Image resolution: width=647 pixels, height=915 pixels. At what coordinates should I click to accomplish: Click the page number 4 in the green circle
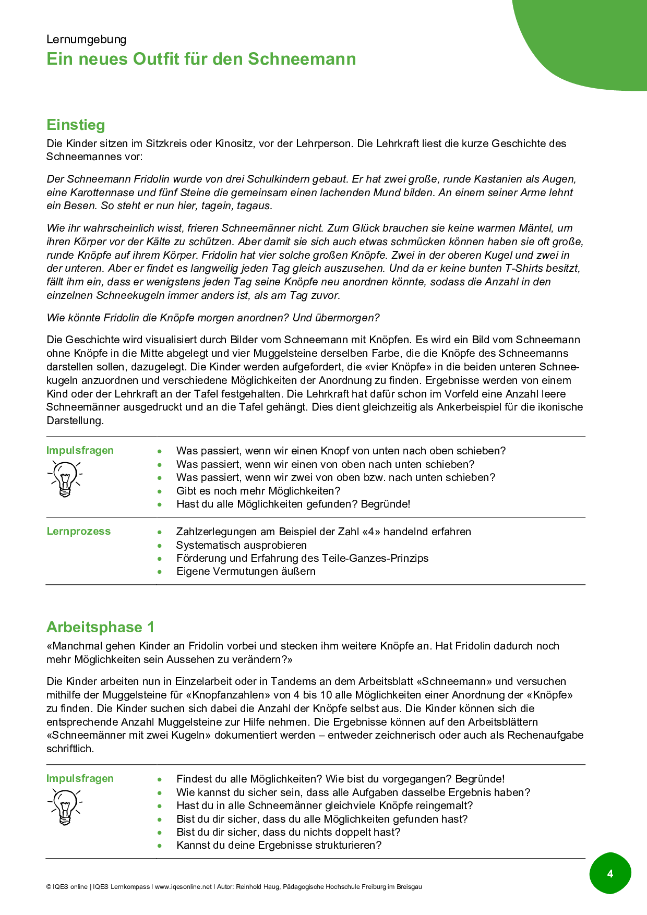click(610, 873)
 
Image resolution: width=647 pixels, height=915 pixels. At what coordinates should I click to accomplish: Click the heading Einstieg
click(76, 125)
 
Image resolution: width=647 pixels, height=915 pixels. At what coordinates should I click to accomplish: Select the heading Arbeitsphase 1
click(100, 627)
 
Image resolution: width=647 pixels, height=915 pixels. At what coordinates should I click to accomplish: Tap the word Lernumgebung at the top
click(86, 40)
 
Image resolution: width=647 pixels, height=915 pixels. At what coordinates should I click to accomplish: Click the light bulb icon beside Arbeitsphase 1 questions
click(65, 806)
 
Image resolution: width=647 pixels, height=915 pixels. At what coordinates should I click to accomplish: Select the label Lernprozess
click(79, 531)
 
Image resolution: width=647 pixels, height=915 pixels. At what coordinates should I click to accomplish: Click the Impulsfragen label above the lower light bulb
click(80, 778)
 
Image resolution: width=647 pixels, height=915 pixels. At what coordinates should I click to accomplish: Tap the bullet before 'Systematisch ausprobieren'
click(160, 545)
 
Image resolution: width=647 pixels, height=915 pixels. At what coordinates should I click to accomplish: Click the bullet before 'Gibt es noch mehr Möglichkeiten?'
click(160, 491)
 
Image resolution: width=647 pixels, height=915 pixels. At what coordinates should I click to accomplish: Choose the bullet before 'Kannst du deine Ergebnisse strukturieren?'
click(160, 845)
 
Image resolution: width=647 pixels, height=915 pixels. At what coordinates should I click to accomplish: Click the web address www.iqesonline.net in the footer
click(183, 887)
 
